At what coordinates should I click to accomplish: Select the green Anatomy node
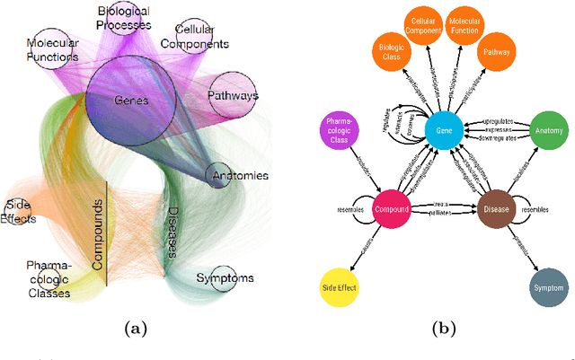pos(550,131)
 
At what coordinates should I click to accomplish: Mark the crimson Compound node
pos(392,209)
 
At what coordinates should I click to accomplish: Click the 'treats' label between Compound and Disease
pos(440,204)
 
